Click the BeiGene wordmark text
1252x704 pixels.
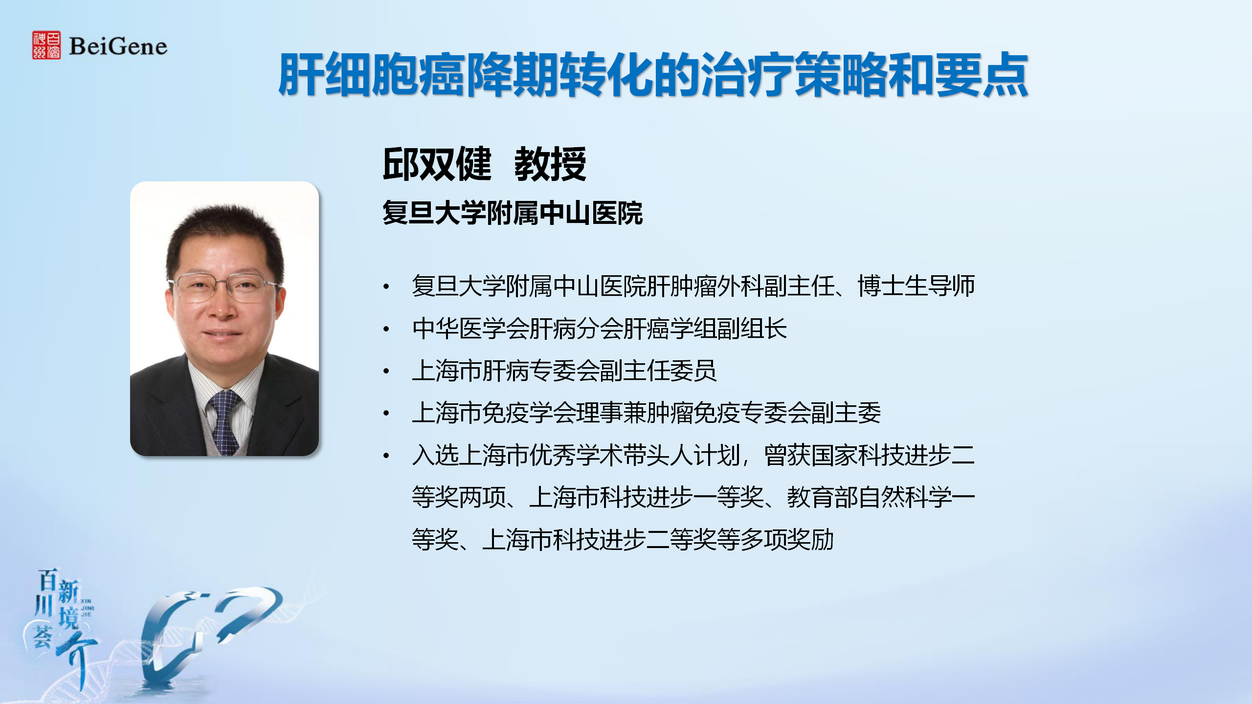click(118, 46)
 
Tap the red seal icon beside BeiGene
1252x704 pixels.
click(46, 45)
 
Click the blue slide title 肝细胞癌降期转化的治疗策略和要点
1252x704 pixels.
click(653, 74)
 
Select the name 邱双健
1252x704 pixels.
click(437, 164)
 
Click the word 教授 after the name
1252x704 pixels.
click(550, 164)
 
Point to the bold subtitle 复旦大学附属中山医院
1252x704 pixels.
click(513, 213)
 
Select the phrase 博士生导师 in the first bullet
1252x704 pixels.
click(917, 286)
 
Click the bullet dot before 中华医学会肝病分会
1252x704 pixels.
click(386, 329)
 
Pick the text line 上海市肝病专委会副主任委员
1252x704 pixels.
click(564, 371)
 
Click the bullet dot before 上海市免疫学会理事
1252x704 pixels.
click(386, 414)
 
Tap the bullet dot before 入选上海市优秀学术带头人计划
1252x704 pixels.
click(386, 456)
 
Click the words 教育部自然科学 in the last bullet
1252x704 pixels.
click(869, 498)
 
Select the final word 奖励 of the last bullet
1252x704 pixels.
click(810, 540)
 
